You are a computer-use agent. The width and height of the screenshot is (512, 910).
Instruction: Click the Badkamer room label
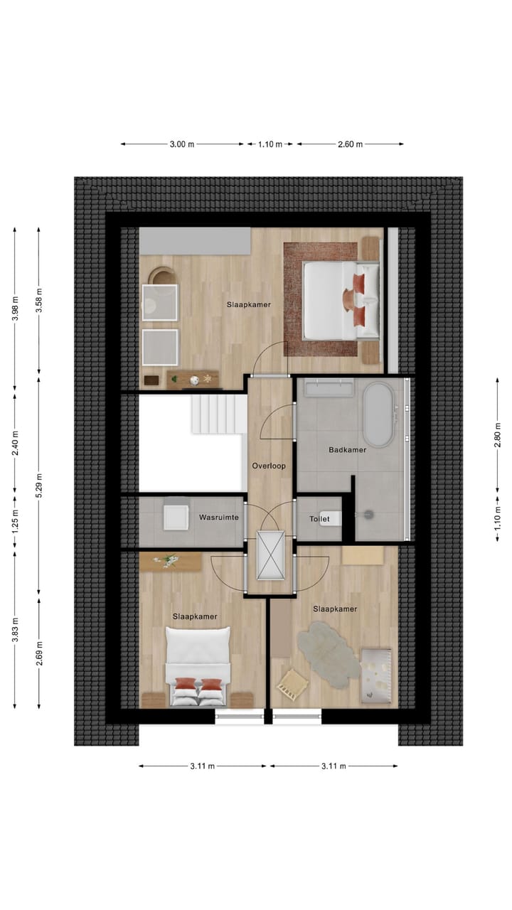347,450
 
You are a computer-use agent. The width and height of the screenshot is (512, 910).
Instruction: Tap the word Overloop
269,466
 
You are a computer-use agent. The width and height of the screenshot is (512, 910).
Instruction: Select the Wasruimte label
218,518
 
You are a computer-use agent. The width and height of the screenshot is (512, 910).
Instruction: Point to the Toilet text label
319,520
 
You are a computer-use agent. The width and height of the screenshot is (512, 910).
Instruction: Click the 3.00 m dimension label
182,144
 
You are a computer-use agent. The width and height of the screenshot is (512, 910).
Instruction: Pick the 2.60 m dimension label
350,144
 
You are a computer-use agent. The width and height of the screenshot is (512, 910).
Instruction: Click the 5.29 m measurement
40,486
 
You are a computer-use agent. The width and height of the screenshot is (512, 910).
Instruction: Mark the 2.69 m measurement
40,651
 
